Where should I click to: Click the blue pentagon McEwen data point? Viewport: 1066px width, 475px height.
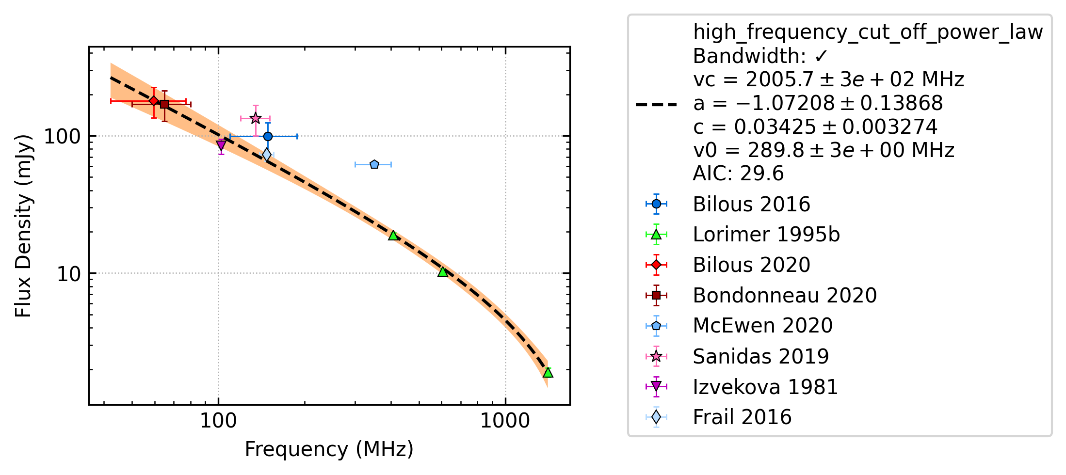[374, 164]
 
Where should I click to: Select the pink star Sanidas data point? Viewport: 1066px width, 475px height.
[256, 118]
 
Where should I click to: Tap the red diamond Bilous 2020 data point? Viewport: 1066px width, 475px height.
[154, 101]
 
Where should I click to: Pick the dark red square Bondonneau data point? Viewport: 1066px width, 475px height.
[164, 104]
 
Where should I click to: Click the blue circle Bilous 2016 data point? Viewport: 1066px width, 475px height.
[268, 136]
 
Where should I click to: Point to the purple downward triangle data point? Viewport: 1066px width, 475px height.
[221, 144]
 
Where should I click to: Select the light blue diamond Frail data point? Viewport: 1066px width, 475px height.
[266, 155]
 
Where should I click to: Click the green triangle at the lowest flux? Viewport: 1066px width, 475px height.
[548, 372]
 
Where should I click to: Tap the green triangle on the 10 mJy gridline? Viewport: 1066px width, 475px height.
[442, 271]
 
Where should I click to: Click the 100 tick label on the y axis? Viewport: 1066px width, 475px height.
[62, 136]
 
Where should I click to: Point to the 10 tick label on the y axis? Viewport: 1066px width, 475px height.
[68, 274]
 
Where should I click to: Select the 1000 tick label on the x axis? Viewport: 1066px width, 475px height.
[505, 420]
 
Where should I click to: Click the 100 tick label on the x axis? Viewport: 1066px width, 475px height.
[218, 420]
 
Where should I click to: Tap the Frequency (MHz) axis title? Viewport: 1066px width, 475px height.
[329, 449]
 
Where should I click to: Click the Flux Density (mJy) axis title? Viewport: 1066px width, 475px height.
[23, 226]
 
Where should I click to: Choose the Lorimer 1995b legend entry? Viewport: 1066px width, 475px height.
[766, 235]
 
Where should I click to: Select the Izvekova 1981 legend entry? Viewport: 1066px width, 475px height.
[765, 387]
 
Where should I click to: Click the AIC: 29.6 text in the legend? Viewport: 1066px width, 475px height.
[738, 173]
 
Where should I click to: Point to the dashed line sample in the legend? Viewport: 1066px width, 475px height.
[656, 104]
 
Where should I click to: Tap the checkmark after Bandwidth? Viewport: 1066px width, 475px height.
[821, 57]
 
